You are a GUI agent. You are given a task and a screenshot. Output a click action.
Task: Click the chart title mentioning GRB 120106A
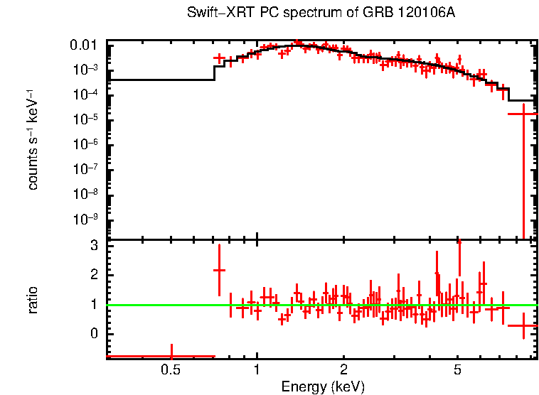tap(321, 13)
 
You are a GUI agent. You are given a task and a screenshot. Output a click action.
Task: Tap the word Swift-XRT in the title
tap(213, 13)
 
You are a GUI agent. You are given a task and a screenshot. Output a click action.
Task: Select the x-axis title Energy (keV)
tap(323, 387)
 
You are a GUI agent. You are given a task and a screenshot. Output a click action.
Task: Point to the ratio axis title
tap(33, 300)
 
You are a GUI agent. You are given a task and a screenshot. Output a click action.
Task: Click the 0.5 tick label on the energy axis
tap(170, 370)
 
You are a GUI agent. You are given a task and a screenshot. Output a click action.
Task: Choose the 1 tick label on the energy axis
tap(257, 370)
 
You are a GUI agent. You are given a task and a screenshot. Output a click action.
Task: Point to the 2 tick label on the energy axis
tap(343, 370)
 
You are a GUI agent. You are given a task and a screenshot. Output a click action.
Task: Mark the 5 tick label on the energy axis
tap(458, 370)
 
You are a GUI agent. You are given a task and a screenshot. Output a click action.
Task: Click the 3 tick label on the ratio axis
tap(94, 245)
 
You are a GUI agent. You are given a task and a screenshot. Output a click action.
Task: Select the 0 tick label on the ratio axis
tap(94, 333)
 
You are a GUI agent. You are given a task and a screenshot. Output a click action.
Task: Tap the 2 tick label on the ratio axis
tap(94, 274)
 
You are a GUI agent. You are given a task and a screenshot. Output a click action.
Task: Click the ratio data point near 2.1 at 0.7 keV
tap(219, 270)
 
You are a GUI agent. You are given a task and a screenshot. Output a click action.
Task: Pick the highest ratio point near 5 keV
tap(459, 242)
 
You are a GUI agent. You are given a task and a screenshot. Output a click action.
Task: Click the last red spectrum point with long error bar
tap(523, 114)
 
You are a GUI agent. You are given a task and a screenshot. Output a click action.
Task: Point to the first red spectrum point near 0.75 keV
tap(219, 58)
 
